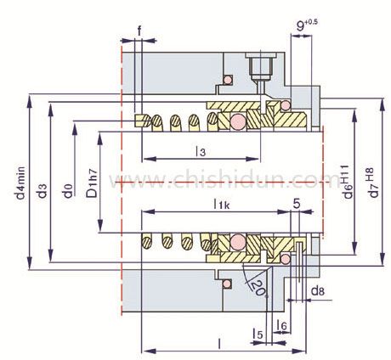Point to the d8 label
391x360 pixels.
(317, 291)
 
